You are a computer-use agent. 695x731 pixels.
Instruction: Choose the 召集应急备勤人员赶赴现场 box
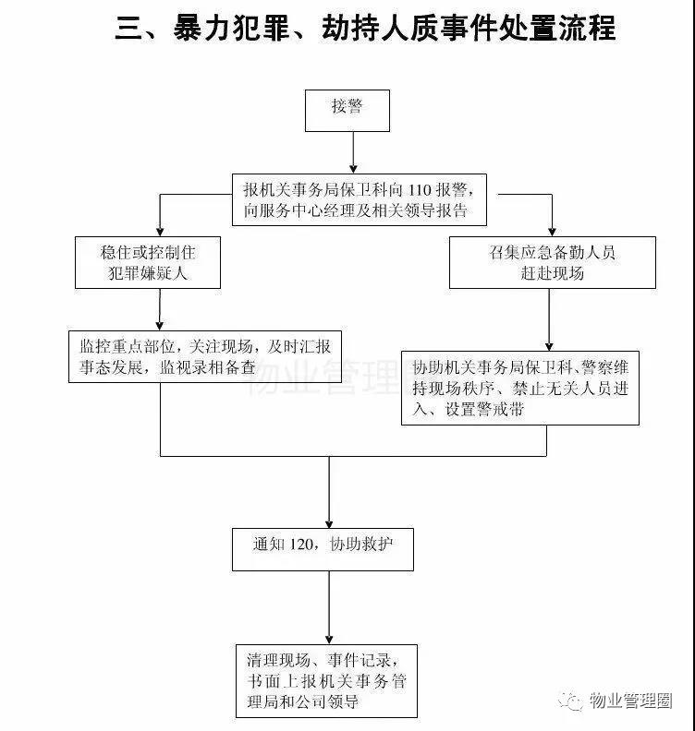[552, 262]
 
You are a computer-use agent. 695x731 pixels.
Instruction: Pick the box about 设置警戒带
[520, 388]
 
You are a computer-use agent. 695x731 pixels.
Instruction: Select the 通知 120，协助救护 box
[322, 547]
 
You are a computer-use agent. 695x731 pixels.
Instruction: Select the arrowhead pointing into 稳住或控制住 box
[159, 231]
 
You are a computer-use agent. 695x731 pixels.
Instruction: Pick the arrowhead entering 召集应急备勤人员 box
[552, 231]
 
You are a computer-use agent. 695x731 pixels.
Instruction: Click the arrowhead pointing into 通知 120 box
[329, 522]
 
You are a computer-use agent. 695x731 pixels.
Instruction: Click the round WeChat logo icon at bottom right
[573, 700]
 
